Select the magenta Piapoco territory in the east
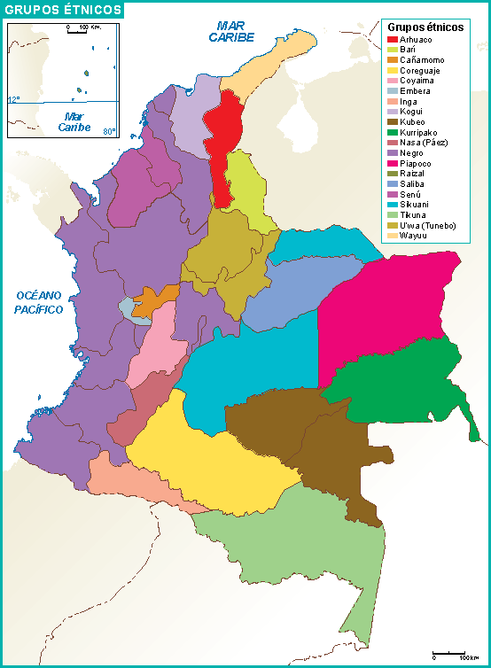(381, 310)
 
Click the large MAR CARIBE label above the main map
(231, 32)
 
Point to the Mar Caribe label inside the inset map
(74, 121)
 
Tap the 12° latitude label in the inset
(13, 98)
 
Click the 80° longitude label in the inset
(108, 132)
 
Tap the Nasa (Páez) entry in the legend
(423, 143)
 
